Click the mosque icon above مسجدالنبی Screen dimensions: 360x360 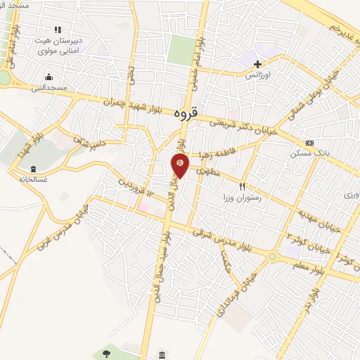coord(49,77)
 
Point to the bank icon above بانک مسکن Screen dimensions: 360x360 coord(309,142)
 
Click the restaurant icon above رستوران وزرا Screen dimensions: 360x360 coord(242,187)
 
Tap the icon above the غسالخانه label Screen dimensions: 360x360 coord(34,169)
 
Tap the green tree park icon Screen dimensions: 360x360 coord(107,352)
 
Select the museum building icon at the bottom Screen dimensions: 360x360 coord(162,354)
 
